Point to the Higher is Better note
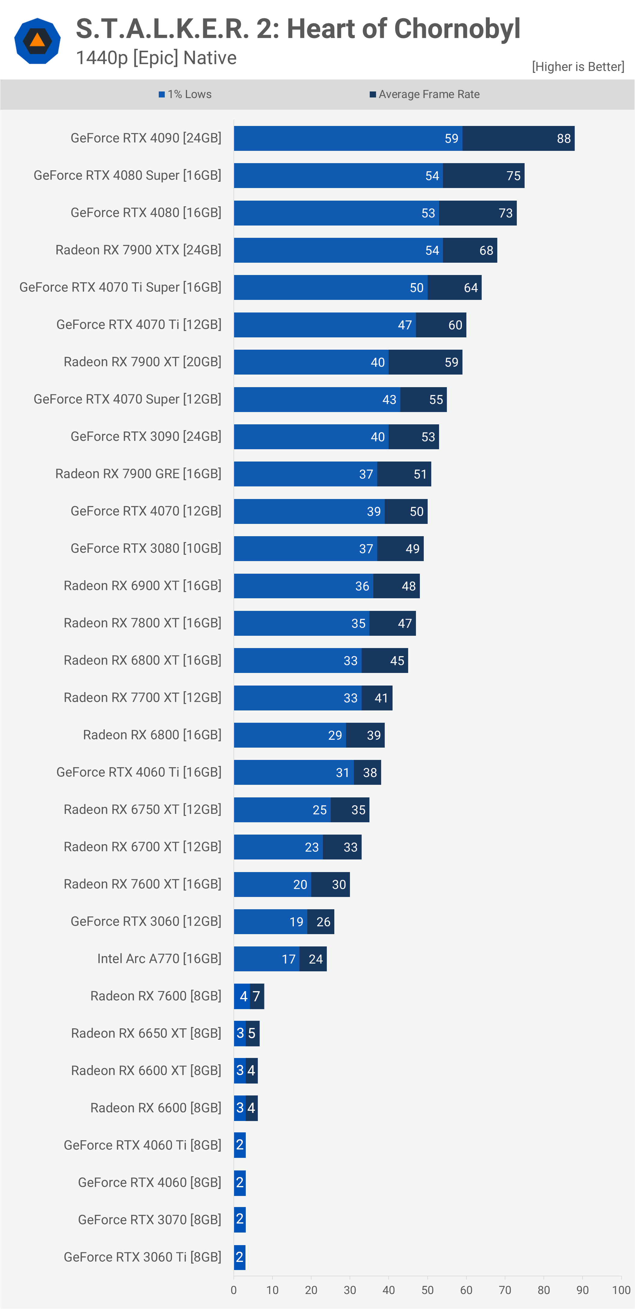coord(578,67)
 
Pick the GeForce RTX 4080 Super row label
coord(127,175)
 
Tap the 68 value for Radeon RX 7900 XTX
coord(486,250)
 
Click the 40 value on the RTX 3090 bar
coord(377,437)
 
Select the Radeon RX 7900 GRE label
coord(138,474)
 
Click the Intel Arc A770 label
coord(159,958)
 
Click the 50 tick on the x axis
coord(427,1290)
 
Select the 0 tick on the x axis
coord(234,1290)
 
